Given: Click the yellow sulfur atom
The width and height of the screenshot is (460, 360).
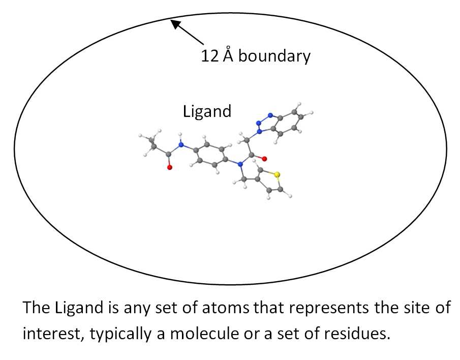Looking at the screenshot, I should [x=277, y=175].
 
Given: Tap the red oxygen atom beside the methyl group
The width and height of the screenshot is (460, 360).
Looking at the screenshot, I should [x=170, y=167].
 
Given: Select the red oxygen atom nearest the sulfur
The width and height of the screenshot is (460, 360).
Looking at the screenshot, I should [x=264, y=159].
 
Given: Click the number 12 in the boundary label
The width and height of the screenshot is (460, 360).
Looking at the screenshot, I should [x=209, y=56].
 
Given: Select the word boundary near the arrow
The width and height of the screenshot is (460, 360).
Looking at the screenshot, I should [x=274, y=56].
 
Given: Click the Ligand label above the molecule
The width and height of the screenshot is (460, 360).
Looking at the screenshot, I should [x=207, y=111].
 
